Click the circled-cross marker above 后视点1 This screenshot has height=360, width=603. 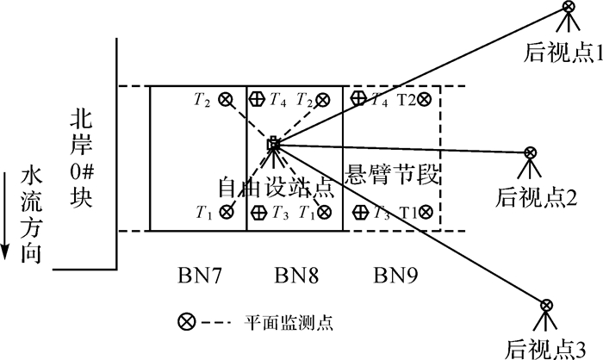569,8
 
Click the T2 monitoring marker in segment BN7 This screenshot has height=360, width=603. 226,99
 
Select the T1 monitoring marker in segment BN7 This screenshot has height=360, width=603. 226,211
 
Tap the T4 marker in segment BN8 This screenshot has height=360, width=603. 256,99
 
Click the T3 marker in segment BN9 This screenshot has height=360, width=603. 359,211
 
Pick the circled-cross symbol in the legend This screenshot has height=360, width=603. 185,322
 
